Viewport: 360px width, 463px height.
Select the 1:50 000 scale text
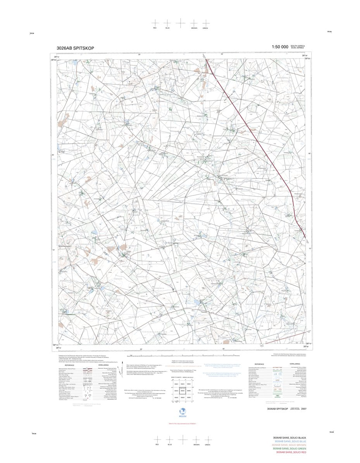tap(280, 47)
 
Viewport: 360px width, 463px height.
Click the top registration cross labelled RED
tap(155, 23)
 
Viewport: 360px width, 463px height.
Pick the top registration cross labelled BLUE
tap(167, 23)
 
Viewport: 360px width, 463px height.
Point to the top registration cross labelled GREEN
tap(205, 23)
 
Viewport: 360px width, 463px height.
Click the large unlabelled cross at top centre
tap(181, 23)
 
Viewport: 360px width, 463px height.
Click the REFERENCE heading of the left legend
tap(69, 365)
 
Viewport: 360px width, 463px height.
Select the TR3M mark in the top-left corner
tap(32, 34)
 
